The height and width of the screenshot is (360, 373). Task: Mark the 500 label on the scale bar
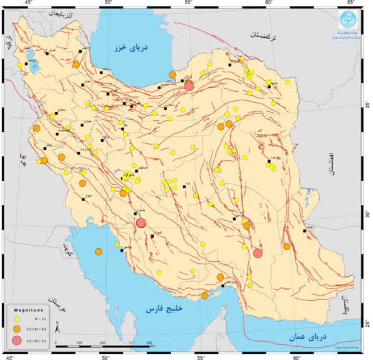point(149,342)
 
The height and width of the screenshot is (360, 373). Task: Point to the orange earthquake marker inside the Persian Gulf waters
point(99,251)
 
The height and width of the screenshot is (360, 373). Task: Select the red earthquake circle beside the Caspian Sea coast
point(189,86)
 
